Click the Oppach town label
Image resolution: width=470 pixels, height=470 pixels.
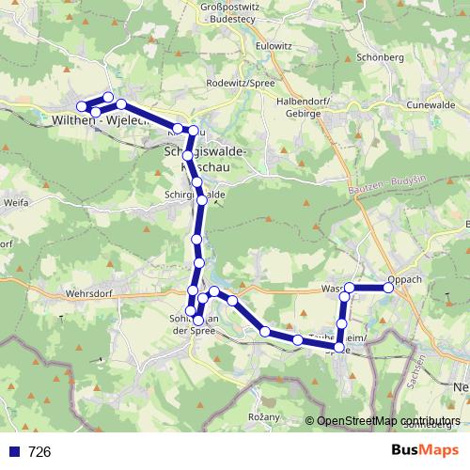pos(405,278)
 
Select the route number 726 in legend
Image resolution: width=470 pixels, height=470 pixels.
pos(39,452)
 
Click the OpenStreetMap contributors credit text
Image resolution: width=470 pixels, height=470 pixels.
pos(389,421)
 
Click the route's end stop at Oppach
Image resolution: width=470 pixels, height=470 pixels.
pos(386,288)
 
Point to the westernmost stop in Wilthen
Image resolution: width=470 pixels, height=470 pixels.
pos(81,105)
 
